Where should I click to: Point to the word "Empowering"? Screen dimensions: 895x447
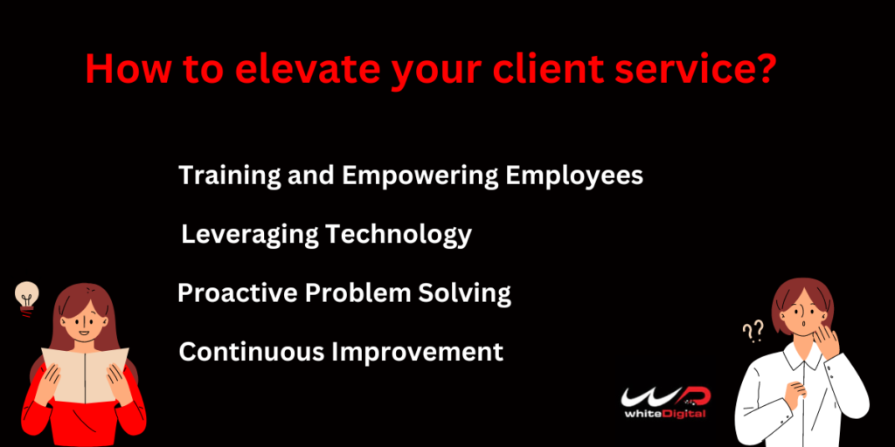[x=420, y=176]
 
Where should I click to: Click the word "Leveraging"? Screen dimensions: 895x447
[x=249, y=235]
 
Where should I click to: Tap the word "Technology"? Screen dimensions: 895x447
[x=399, y=235]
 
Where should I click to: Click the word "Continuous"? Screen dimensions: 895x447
[x=252, y=352]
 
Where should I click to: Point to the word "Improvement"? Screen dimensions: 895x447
[x=417, y=353]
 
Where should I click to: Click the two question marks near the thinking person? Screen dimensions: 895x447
[x=753, y=331]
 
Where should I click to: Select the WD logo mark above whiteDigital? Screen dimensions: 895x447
[x=665, y=397]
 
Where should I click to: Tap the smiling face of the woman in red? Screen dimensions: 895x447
[x=83, y=323]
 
